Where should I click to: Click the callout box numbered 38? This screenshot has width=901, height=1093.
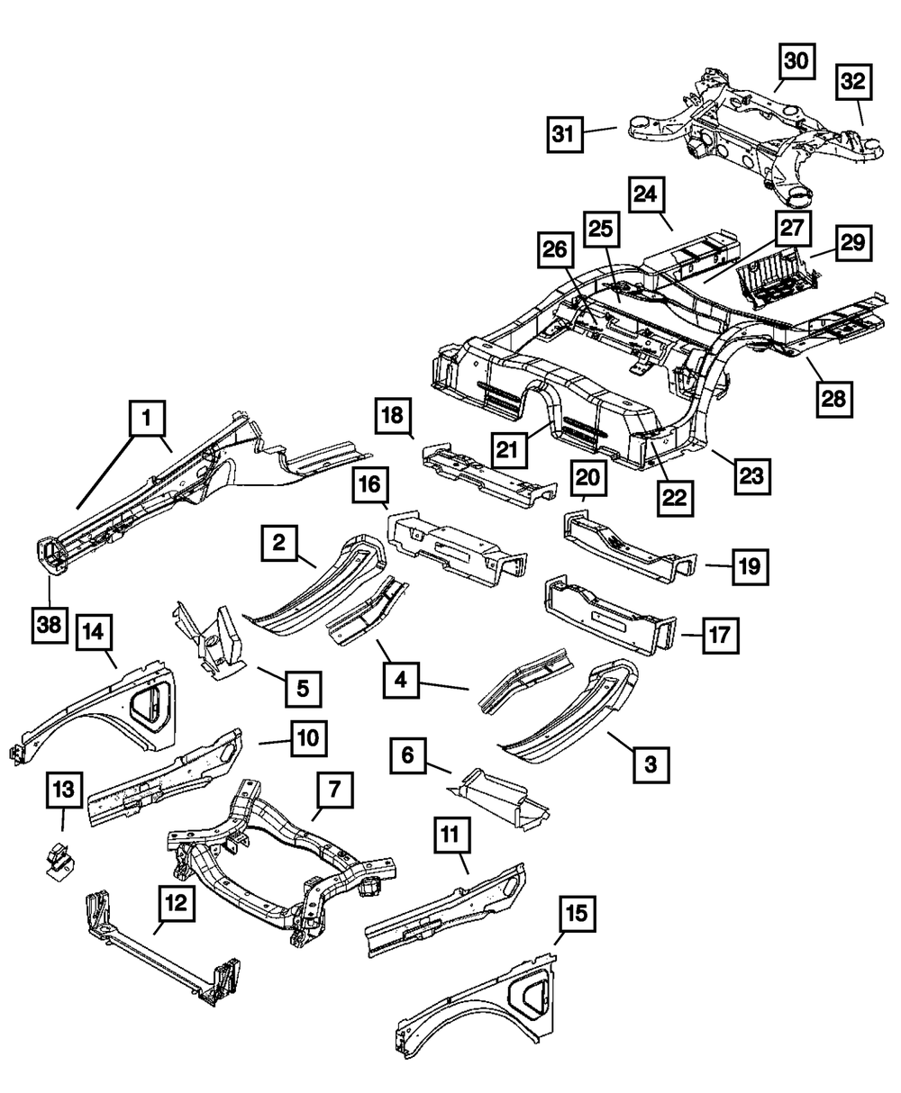(50, 625)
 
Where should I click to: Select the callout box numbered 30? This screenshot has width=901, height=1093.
(796, 61)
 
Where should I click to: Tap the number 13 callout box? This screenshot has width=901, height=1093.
(64, 789)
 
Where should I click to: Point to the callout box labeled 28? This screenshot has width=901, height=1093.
(834, 400)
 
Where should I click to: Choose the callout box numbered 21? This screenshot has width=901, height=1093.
(508, 449)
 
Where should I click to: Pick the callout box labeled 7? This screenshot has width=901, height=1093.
(335, 790)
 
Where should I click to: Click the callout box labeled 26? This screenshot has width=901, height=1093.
(555, 249)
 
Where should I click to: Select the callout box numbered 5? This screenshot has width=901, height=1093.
(304, 689)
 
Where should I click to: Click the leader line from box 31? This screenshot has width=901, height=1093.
(600, 131)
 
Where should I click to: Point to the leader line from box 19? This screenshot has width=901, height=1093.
(719, 566)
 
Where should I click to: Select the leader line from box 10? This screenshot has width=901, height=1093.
(275, 742)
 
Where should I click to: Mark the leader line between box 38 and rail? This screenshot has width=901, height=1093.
(50, 592)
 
